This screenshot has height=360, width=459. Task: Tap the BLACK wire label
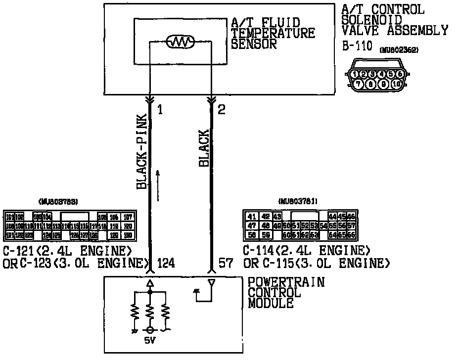[204, 148]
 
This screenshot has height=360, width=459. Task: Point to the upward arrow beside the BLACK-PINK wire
[158, 185]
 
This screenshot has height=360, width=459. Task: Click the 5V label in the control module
[149, 341]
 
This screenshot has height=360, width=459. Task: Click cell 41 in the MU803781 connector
[252, 216]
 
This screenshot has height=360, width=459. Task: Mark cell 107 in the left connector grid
[128, 217]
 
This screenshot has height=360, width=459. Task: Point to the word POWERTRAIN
[286, 282]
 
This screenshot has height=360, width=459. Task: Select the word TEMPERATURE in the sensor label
[273, 33]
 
